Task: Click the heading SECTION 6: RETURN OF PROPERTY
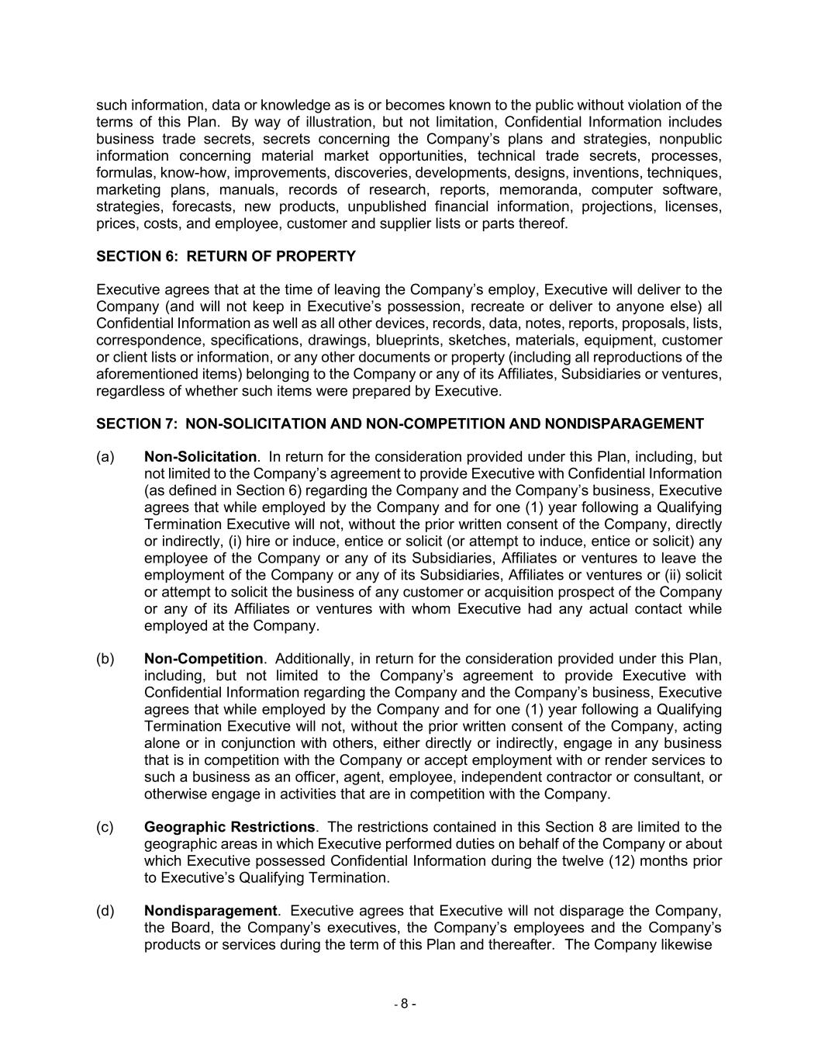point(226,257)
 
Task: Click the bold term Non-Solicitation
point(200,457)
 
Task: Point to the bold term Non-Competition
point(204,659)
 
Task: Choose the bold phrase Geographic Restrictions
point(230,827)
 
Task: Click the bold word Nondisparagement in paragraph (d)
point(210,911)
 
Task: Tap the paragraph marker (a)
point(105,457)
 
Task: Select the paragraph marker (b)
point(105,659)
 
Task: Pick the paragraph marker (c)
point(105,827)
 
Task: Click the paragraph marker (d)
point(105,911)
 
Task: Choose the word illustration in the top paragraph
point(330,123)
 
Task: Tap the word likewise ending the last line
point(685,945)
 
